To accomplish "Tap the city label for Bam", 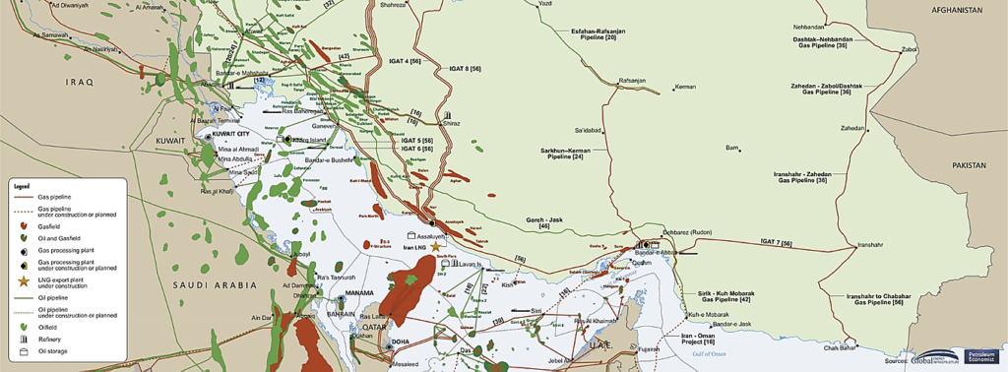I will [x=731, y=148].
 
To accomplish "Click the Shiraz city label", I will [x=452, y=124].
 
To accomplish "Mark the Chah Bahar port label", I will [x=844, y=346].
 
